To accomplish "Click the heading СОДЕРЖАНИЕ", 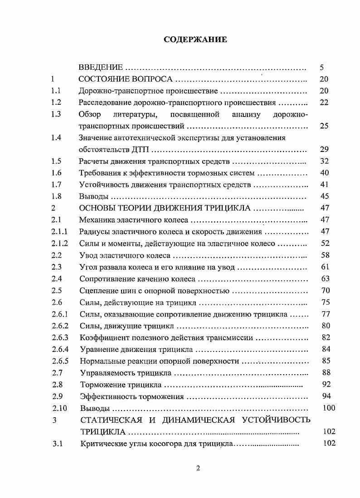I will pos(195,39).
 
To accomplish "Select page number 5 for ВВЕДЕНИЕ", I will pos(321,68).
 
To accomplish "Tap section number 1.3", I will pos(56,114).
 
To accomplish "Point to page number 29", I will pos(324,149).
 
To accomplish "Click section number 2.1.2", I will pos(59,244).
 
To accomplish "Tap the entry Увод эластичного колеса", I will pos(125,255).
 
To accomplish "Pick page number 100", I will pos(328,408).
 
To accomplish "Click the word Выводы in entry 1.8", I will pos(94,197).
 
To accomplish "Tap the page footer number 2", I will pos(198,469).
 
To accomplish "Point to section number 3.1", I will pos(57,444).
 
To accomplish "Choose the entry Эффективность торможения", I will pos(131,396).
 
